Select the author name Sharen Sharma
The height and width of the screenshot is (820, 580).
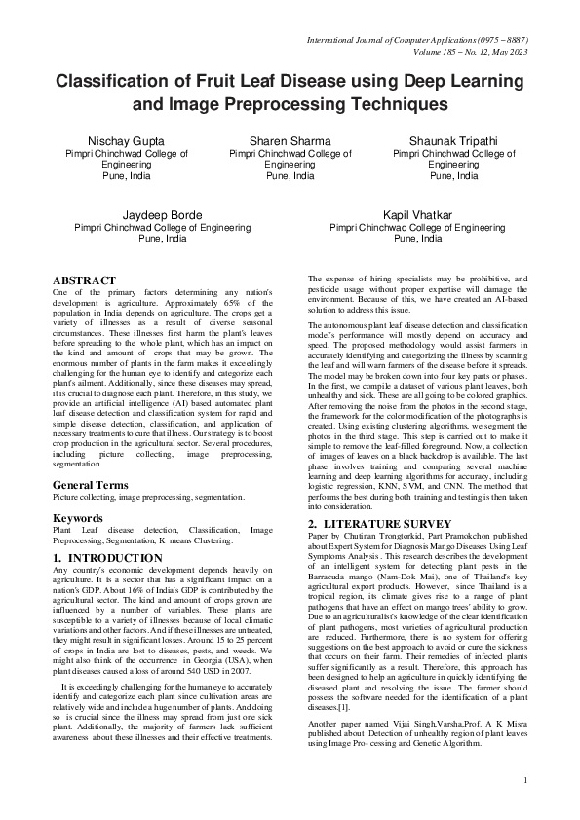(x=290, y=140)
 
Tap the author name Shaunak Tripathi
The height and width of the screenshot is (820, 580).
(x=453, y=140)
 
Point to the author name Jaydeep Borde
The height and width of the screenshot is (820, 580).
(x=163, y=214)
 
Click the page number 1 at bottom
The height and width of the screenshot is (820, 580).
(x=524, y=780)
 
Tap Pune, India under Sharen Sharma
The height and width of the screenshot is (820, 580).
(x=290, y=176)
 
